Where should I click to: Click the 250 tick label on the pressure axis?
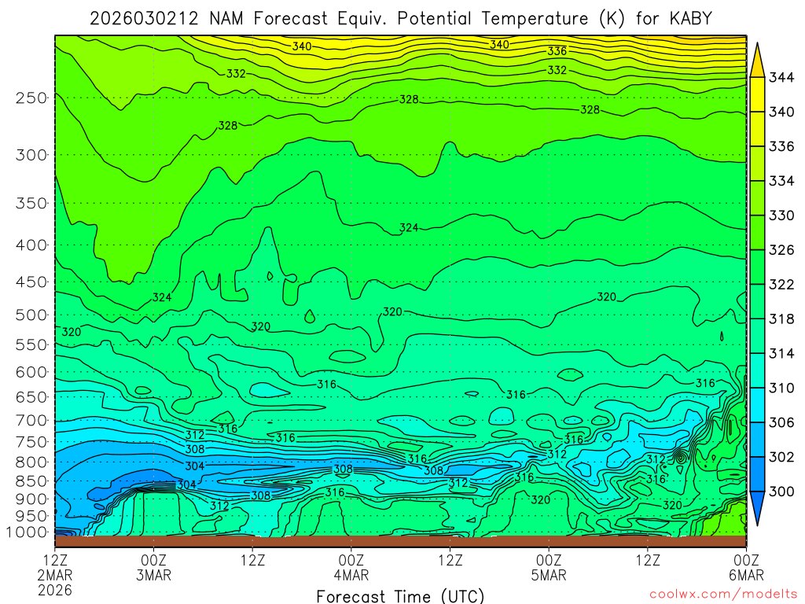tap(31, 98)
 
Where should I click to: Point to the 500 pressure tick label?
tap(31, 315)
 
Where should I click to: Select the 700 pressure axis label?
tap(31, 419)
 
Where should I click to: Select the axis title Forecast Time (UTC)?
tap(400, 595)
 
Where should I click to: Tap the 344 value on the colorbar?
tap(781, 77)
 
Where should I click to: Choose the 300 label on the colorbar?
tap(781, 492)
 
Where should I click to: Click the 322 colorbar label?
tap(781, 284)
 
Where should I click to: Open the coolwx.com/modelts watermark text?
tap(722, 595)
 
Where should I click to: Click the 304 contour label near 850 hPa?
tap(186, 484)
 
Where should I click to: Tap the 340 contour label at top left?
tap(302, 46)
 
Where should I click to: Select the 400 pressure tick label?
tap(31, 245)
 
